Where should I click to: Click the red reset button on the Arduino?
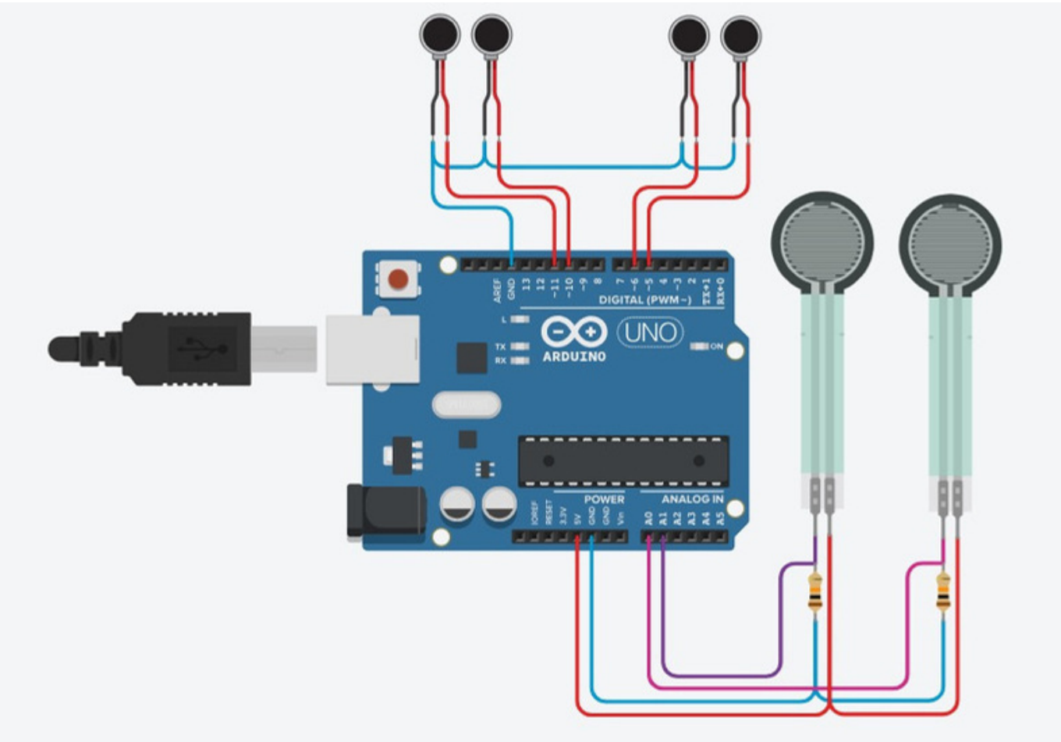coord(399,279)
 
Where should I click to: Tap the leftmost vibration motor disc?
coord(439,34)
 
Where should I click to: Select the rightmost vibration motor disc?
coord(740,35)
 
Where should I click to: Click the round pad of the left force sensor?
coord(822,243)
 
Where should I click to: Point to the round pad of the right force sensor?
coord(950,244)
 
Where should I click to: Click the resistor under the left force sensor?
coord(815,591)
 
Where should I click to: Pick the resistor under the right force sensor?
coord(943,591)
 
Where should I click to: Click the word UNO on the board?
coord(650,333)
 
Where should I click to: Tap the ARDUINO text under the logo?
coord(574,357)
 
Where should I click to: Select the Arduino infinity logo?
coord(573,332)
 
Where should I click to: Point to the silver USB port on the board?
coord(372,349)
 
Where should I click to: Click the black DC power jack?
coord(386,510)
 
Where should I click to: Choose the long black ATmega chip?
coord(623,460)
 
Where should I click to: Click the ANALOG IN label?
coord(692,499)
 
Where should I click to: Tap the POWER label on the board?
coord(604,499)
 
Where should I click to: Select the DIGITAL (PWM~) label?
coord(644,300)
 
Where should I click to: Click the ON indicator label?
coord(716,346)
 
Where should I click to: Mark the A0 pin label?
coord(648,518)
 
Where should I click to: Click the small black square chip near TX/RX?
coord(471,357)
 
